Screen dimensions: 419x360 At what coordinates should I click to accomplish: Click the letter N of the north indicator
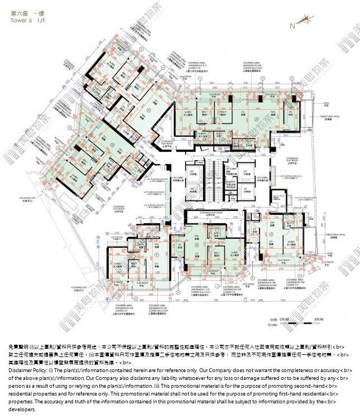point(291,25)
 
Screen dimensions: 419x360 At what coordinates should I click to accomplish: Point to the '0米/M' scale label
point(287,319)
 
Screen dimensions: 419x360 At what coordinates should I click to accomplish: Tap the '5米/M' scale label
point(319,319)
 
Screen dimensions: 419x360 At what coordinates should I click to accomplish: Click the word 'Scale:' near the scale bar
point(272,324)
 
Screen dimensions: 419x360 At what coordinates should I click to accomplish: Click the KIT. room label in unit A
point(290,112)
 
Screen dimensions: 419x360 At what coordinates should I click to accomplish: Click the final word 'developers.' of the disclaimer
point(21,409)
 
